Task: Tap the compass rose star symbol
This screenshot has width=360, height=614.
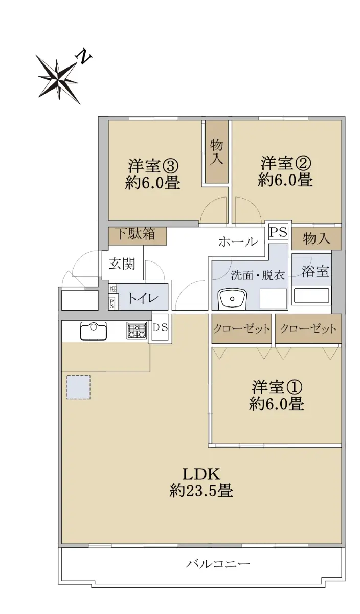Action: (58, 80)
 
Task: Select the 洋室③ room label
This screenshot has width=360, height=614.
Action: (153, 165)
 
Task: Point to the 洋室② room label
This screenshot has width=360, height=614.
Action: (286, 163)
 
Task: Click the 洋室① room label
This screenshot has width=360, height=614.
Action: (277, 387)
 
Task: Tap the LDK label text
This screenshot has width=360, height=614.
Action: (201, 474)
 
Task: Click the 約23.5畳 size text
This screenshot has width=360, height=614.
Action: (201, 491)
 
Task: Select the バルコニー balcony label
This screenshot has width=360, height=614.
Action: (218, 563)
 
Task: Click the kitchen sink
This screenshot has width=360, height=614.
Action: (94, 331)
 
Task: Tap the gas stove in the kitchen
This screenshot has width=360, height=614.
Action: (136, 331)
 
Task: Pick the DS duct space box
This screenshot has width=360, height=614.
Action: (160, 327)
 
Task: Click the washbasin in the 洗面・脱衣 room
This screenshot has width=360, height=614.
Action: (233, 298)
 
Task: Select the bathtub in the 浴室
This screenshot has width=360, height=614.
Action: (311, 296)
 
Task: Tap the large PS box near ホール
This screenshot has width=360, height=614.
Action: (279, 232)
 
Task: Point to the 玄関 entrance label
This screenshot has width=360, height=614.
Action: (122, 264)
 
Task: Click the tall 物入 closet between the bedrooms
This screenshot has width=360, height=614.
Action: (217, 151)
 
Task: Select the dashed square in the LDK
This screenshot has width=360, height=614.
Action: (78, 387)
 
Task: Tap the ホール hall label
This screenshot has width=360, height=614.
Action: (238, 242)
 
